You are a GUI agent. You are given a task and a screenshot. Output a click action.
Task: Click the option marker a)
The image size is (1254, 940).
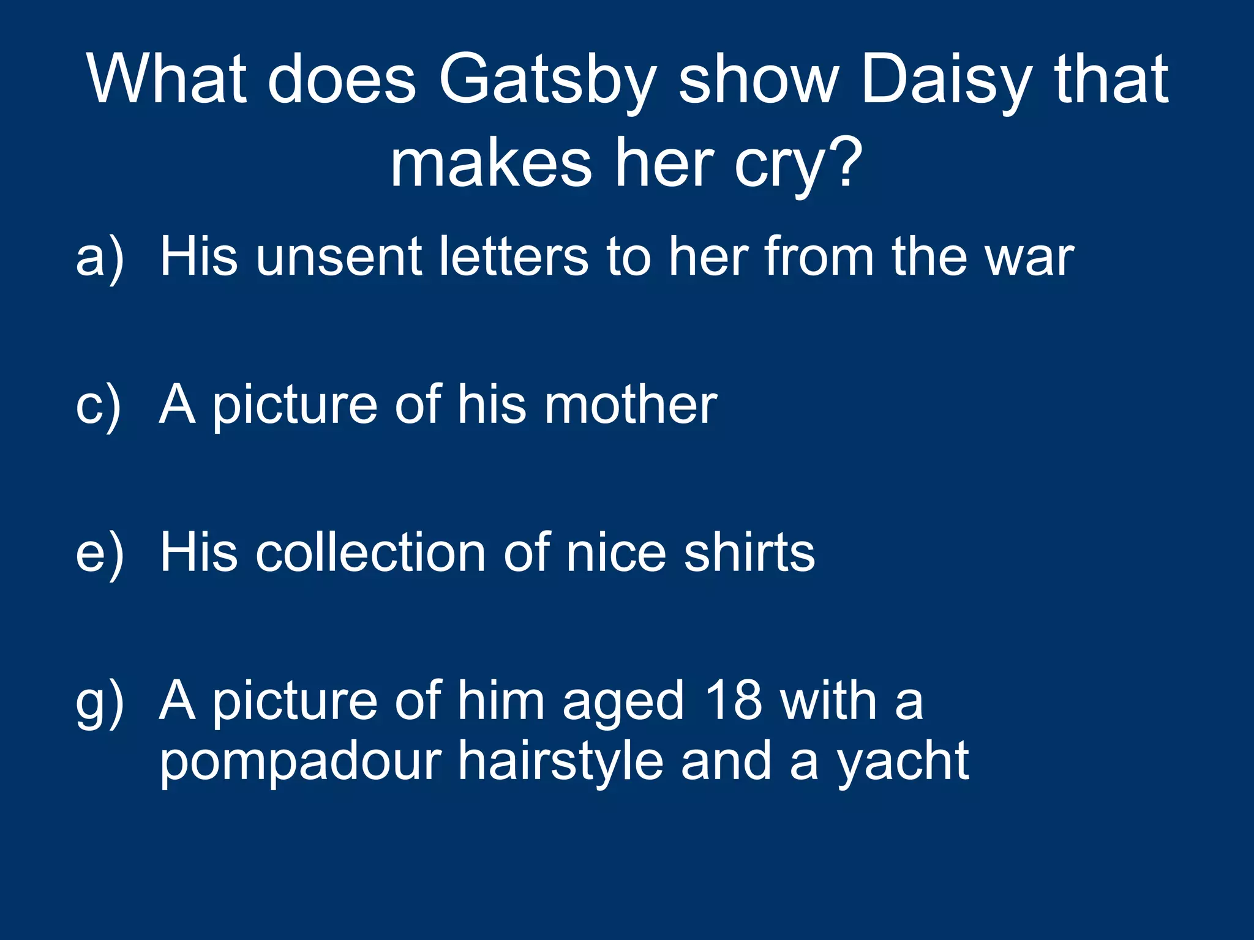(x=100, y=257)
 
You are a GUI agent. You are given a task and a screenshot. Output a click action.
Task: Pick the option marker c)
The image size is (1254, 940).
(x=99, y=405)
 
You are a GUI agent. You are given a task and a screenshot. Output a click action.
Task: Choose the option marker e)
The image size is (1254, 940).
(x=100, y=553)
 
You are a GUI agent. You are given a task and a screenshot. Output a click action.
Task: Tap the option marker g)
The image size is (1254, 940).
(x=100, y=703)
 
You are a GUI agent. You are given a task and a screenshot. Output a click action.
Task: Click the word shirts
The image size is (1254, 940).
(x=749, y=553)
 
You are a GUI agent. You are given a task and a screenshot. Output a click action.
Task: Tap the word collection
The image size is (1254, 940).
(x=371, y=553)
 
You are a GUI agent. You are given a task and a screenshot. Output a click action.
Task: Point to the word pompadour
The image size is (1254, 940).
(x=301, y=763)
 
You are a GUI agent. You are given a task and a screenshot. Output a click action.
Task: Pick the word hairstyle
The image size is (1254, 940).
(x=561, y=763)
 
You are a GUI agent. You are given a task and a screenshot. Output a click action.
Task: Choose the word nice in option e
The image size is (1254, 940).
(x=616, y=553)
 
